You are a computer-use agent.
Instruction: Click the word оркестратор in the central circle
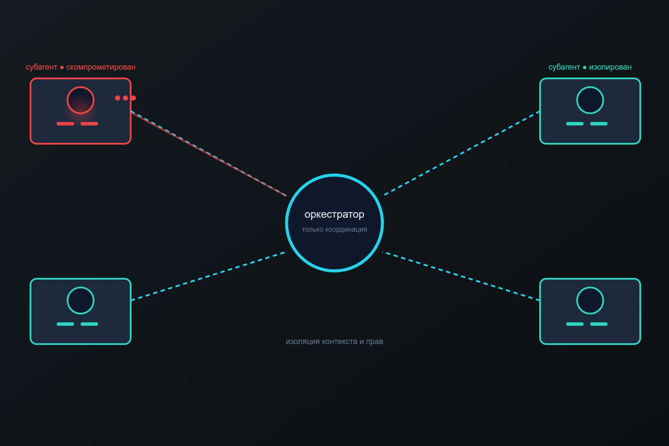pos(334,214)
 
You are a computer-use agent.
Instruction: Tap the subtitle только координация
pos(334,230)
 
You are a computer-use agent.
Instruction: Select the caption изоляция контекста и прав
pos(334,341)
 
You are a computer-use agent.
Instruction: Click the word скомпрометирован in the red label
pos(101,67)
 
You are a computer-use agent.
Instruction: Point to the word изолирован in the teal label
pos(610,67)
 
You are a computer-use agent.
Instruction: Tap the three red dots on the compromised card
pos(125,98)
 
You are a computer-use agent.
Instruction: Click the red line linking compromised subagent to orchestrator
pos(209,154)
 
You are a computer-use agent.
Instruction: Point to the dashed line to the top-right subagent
pos(462,153)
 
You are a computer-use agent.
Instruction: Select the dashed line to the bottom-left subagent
pos(208,276)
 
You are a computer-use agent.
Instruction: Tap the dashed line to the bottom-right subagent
pos(461,276)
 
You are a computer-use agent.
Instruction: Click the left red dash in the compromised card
pos(65,124)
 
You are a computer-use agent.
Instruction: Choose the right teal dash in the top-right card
pos(599,124)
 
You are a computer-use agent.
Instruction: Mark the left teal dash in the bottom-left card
pos(65,324)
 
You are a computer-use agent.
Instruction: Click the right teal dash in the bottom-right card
pos(599,324)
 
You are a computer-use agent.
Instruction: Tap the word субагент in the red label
pos(41,67)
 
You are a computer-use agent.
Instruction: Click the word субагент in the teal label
pos(564,67)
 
